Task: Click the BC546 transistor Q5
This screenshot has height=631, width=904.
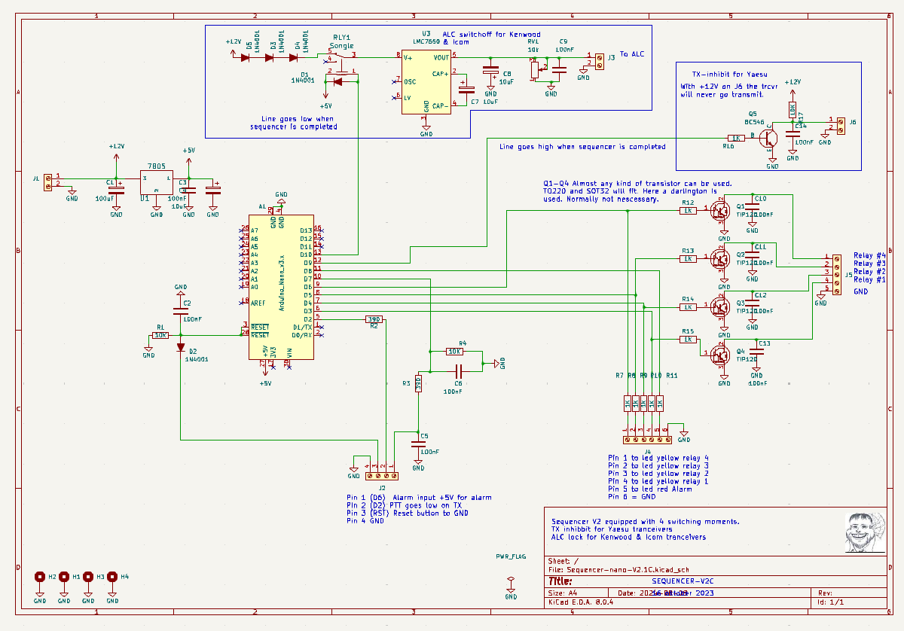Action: pos(768,139)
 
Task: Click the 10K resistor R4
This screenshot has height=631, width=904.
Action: pos(454,351)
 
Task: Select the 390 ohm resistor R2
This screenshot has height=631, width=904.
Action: pos(374,319)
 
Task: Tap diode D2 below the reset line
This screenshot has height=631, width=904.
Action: pos(181,347)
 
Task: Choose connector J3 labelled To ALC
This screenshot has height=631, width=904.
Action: pos(600,60)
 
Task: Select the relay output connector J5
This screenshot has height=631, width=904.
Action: pos(835,273)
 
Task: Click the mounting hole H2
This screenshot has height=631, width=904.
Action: pos(40,577)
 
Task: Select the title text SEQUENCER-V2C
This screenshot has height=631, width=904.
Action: pos(682,581)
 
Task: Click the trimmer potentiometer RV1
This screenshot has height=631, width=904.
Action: pos(535,69)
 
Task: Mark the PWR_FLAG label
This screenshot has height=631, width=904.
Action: pos(511,557)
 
